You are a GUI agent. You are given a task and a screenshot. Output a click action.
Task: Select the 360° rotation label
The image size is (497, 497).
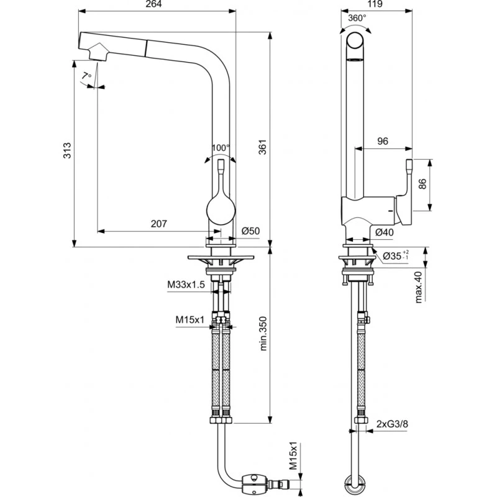357,19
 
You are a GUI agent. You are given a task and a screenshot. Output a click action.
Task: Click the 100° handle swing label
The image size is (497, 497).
221,148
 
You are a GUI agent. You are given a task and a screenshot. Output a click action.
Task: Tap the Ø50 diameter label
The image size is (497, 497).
250,231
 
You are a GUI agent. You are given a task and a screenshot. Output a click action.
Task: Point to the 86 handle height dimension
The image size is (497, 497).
422,185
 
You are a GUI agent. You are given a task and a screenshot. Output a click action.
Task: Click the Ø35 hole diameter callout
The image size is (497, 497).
394,255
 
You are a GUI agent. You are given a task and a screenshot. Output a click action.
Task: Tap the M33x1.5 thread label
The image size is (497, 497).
186,285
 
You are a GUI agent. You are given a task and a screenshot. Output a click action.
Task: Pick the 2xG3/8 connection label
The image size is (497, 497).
391,424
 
